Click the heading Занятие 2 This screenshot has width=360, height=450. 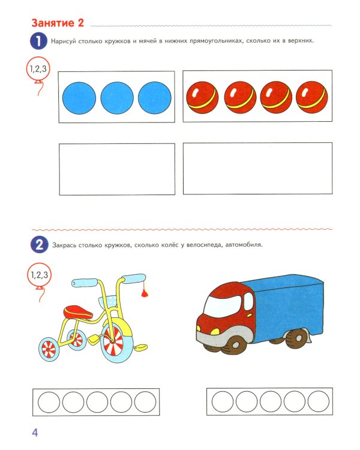(57, 23)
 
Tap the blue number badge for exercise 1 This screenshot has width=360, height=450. (38, 41)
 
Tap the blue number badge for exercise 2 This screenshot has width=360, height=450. (38, 245)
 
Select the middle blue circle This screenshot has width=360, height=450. (117, 97)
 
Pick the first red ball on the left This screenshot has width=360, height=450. (203, 97)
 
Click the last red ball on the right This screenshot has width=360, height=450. (312, 97)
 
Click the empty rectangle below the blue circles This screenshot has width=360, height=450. (117, 168)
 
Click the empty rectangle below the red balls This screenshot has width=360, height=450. (258, 168)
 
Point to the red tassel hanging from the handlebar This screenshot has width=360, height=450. (144, 293)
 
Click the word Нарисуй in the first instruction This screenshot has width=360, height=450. (69, 41)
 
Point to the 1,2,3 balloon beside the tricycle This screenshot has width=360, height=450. (38, 275)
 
